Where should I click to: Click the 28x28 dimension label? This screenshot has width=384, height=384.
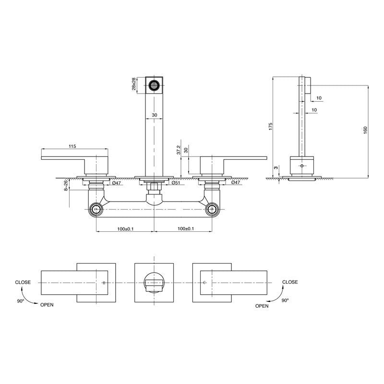[x=135, y=84]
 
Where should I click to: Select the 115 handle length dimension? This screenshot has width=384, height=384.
[x=72, y=146]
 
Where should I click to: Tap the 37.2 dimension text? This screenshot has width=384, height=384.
[x=179, y=150]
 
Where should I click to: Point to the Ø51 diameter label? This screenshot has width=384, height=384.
[x=176, y=183]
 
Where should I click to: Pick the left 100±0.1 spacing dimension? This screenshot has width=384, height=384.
[x=125, y=229]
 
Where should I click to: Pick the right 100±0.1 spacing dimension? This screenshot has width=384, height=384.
[x=183, y=229]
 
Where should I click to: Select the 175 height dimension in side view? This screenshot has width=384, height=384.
[x=271, y=126]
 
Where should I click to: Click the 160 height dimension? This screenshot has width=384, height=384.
[x=365, y=130]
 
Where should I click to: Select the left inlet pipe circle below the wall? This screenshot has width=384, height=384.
[x=96, y=209]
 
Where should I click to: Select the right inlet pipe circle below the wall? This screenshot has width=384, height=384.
[x=212, y=209]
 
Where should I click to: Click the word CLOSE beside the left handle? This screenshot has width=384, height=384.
[x=23, y=282]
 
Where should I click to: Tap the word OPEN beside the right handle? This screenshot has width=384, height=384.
[x=262, y=306]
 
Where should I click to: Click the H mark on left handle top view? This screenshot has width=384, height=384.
[x=103, y=283]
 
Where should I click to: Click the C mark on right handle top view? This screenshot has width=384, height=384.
[x=204, y=283]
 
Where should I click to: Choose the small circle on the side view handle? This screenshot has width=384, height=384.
[x=301, y=166]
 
